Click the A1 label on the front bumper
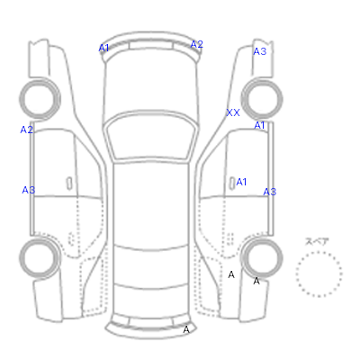(103, 48)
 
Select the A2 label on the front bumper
(197, 44)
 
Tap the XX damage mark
(233, 112)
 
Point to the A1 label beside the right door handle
(241, 182)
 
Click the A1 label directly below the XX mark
(259, 125)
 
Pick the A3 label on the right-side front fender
(260, 51)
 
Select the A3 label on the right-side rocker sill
(270, 192)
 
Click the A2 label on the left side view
(26, 130)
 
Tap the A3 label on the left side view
(29, 190)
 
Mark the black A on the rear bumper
(186, 329)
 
